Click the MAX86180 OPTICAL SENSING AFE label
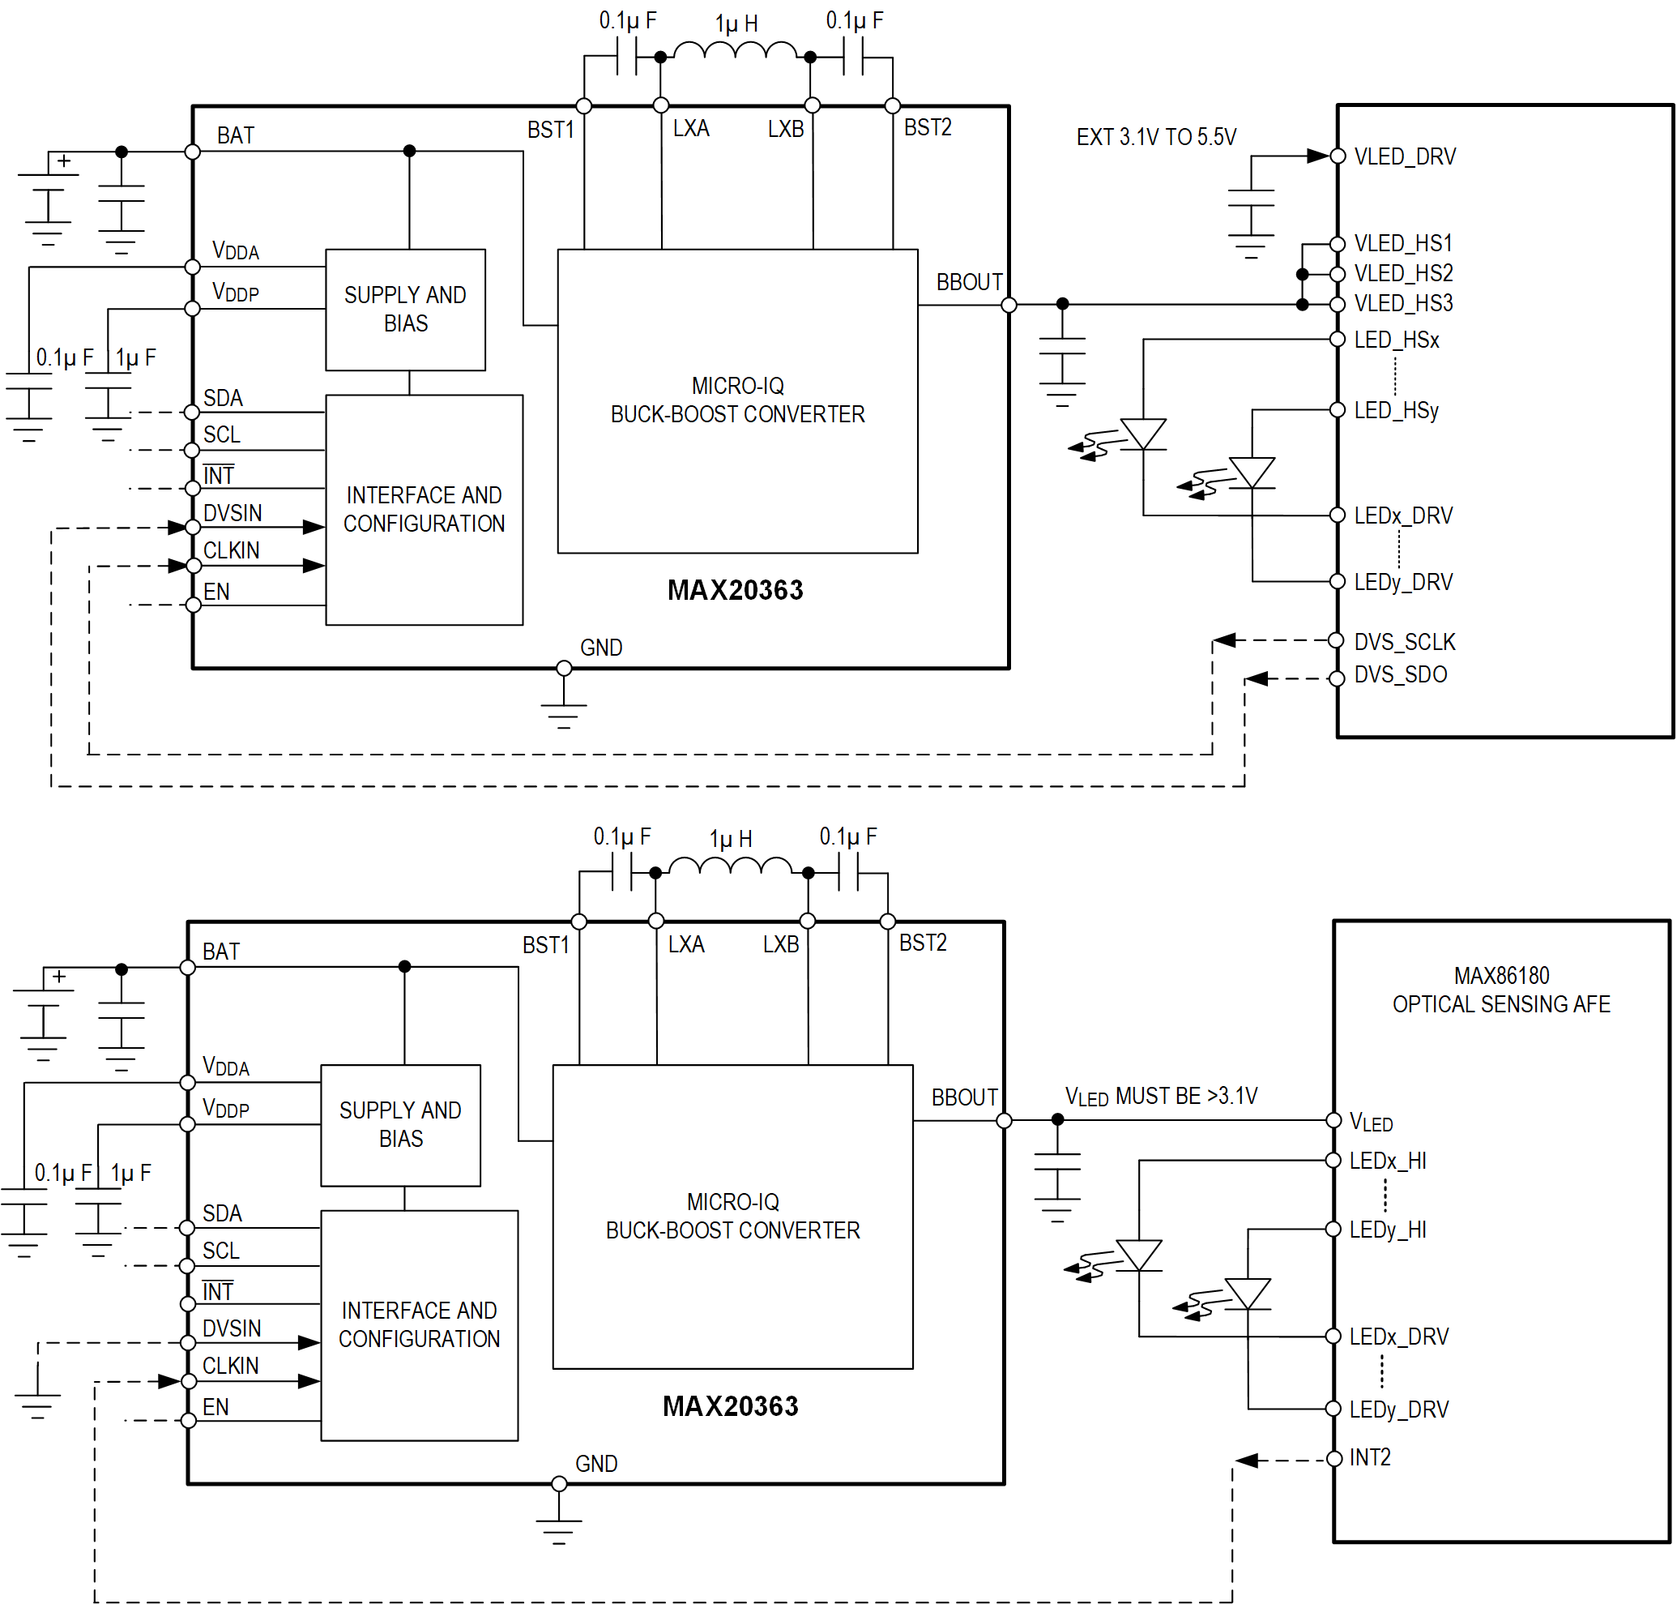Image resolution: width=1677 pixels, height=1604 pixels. pyautogui.click(x=1500, y=990)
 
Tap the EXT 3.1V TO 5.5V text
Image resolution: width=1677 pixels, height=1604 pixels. pyautogui.click(x=1154, y=137)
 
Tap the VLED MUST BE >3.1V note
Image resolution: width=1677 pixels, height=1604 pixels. pyautogui.click(x=1160, y=1095)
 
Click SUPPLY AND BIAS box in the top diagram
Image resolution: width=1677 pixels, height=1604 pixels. pyautogui.click(x=405, y=310)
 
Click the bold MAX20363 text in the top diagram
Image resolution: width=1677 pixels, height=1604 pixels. pyautogui.click(x=734, y=590)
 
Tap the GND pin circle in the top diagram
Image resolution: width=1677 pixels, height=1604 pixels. pyautogui.click(x=563, y=668)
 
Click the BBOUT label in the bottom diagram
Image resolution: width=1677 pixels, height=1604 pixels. pyautogui.click(x=963, y=1097)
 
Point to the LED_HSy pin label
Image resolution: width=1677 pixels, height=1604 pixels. pyautogui.click(x=1395, y=410)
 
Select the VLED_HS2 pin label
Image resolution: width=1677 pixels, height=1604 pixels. pyautogui.click(x=1402, y=273)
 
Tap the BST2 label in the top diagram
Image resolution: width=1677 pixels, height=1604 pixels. pyautogui.click(x=927, y=127)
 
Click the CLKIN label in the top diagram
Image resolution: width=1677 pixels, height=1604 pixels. pyautogui.click(x=231, y=550)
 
